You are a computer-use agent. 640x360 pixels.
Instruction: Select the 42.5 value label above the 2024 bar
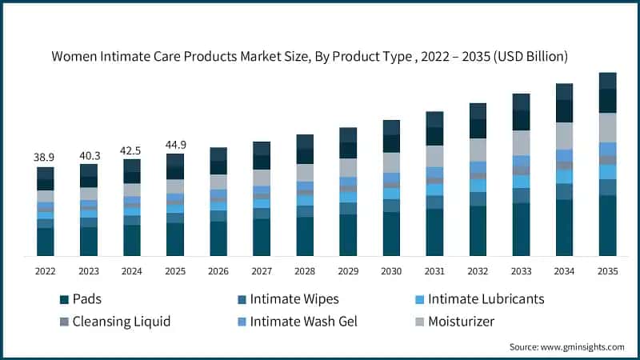click(x=132, y=150)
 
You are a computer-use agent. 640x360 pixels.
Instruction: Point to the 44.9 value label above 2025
click(x=175, y=145)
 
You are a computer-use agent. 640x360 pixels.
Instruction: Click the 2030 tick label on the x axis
click(x=391, y=271)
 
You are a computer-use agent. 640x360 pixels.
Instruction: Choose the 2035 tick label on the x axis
click(x=608, y=271)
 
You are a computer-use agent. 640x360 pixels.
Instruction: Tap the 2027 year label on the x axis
click(x=262, y=271)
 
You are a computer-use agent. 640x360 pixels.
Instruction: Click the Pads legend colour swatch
click(x=63, y=299)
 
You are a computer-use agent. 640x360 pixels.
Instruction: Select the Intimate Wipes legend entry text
click(x=294, y=299)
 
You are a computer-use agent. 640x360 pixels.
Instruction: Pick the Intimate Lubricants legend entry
click(x=486, y=299)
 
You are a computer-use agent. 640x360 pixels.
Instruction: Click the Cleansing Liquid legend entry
click(x=122, y=322)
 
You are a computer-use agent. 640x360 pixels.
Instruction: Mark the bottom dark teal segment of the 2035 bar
click(x=608, y=226)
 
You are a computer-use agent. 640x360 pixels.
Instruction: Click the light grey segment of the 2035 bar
click(x=608, y=127)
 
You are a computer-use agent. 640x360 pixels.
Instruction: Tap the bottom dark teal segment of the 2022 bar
click(x=46, y=242)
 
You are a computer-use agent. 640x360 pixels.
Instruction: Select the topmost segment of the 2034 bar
click(x=565, y=91)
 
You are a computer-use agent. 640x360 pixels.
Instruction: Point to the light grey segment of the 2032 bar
click(x=478, y=150)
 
